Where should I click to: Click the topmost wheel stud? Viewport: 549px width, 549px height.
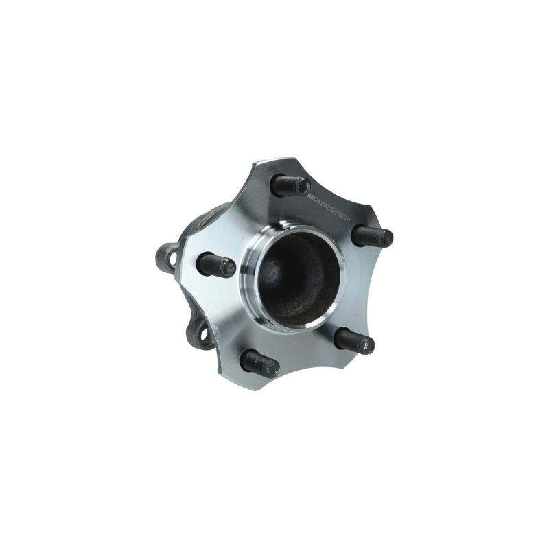pyautogui.click(x=290, y=185)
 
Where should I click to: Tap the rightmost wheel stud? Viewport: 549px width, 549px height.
pyautogui.click(x=373, y=237)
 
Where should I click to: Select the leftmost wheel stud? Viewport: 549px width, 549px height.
pyautogui.click(x=215, y=265)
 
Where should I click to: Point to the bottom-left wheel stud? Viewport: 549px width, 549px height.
pyautogui.click(x=259, y=363)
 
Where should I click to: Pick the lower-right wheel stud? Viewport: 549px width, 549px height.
pyautogui.click(x=353, y=341)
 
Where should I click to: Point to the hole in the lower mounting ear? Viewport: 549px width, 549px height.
pyautogui.click(x=202, y=334)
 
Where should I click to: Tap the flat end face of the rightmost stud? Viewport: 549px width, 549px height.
pyautogui.click(x=386, y=238)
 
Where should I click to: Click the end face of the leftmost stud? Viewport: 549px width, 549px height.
pyautogui.click(x=227, y=268)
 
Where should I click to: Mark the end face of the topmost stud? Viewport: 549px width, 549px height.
pyautogui.click(x=303, y=186)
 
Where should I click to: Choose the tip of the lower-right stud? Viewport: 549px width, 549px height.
pyautogui.click(x=367, y=345)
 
